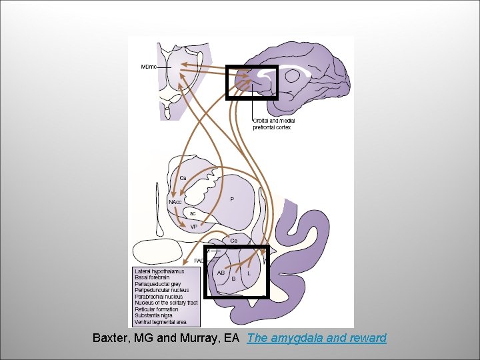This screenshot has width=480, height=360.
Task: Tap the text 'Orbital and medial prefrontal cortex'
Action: tap(273, 124)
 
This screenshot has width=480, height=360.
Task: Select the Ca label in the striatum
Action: tap(183, 178)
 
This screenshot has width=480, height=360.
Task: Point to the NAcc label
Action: tap(175, 201)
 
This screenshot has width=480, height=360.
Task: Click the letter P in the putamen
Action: tap(231, 199)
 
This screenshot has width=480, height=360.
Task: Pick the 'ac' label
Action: tap(193, 213)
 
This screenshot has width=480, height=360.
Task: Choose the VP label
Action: tap(193, 227)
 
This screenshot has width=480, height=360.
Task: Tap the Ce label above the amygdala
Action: tap(233, 240)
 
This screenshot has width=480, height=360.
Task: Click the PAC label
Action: tap(199, 261)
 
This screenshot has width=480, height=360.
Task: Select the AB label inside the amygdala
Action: tap(221, 273)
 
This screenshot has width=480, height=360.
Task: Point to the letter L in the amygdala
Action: tap(249, 273)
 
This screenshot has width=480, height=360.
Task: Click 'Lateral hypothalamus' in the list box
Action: tap(159, 272)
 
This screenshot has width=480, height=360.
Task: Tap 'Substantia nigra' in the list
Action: tap(157, 315)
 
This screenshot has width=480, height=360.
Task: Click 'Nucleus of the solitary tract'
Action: tap(166, 303)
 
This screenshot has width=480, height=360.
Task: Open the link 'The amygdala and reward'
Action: tap(316, 338)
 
